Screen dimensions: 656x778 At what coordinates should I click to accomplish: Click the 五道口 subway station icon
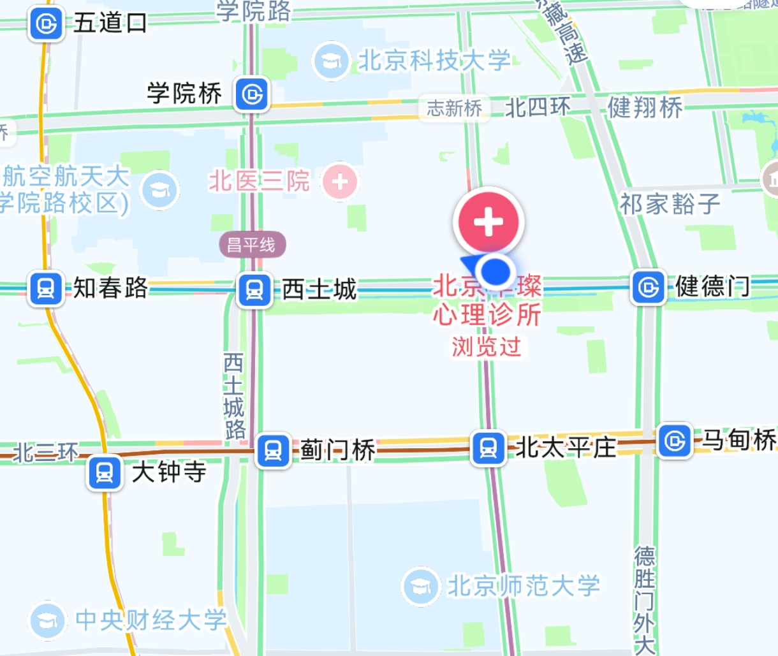[x=46, y=24]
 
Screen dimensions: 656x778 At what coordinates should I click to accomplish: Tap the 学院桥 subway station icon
[x=252, y=94]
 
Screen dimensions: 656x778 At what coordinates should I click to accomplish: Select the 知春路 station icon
[x=46, y=289]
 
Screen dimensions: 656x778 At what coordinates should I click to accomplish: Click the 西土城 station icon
[x=254, y=290]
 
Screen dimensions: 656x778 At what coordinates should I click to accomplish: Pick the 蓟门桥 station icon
[x=274, y=451]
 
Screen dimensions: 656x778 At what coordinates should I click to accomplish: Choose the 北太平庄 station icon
[x=488, y=448]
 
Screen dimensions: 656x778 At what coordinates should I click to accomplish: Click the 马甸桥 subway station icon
[x=675, y=441]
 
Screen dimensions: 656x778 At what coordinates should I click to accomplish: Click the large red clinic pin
[x=488, y=222]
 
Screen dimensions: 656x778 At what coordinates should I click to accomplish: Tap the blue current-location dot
[x=495, y=271]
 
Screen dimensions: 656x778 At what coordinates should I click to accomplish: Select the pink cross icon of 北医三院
[x=340, y=182]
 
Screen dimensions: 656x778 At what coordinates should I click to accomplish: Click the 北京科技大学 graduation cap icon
[x=331, y=61]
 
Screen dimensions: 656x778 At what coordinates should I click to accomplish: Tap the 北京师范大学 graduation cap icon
[x=421, y=586]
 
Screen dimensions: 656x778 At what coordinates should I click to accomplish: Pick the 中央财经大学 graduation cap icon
[x=48, y=620]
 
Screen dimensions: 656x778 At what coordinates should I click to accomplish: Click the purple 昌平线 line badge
[x=253, y=245]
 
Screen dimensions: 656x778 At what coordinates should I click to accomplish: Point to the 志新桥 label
[x=454, y=108]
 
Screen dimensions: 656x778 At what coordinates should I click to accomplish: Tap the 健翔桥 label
[x=645, y=107]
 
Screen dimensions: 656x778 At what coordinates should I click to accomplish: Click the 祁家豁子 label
[x=670, y=205]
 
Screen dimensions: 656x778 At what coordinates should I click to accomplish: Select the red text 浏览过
[x=487, y=347]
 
